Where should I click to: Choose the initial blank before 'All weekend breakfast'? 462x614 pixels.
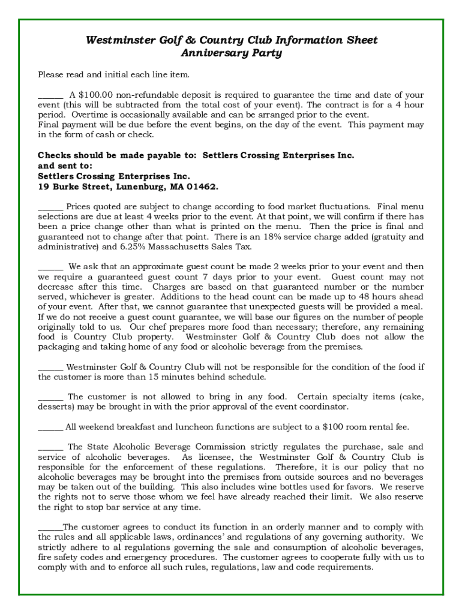click(50, 427)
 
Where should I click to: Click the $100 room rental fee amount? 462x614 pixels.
click(333, 427)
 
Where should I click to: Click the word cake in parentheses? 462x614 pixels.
click(411, 397)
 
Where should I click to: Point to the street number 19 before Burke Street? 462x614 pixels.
click(43, 186)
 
